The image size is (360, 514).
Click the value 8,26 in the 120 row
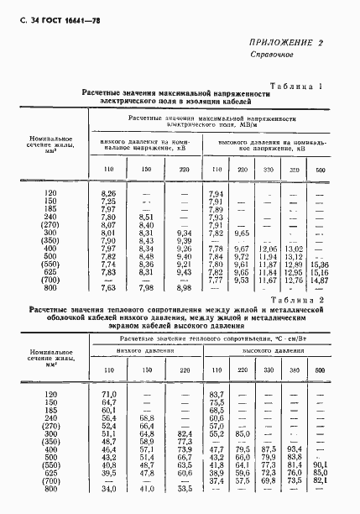[107, 194]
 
